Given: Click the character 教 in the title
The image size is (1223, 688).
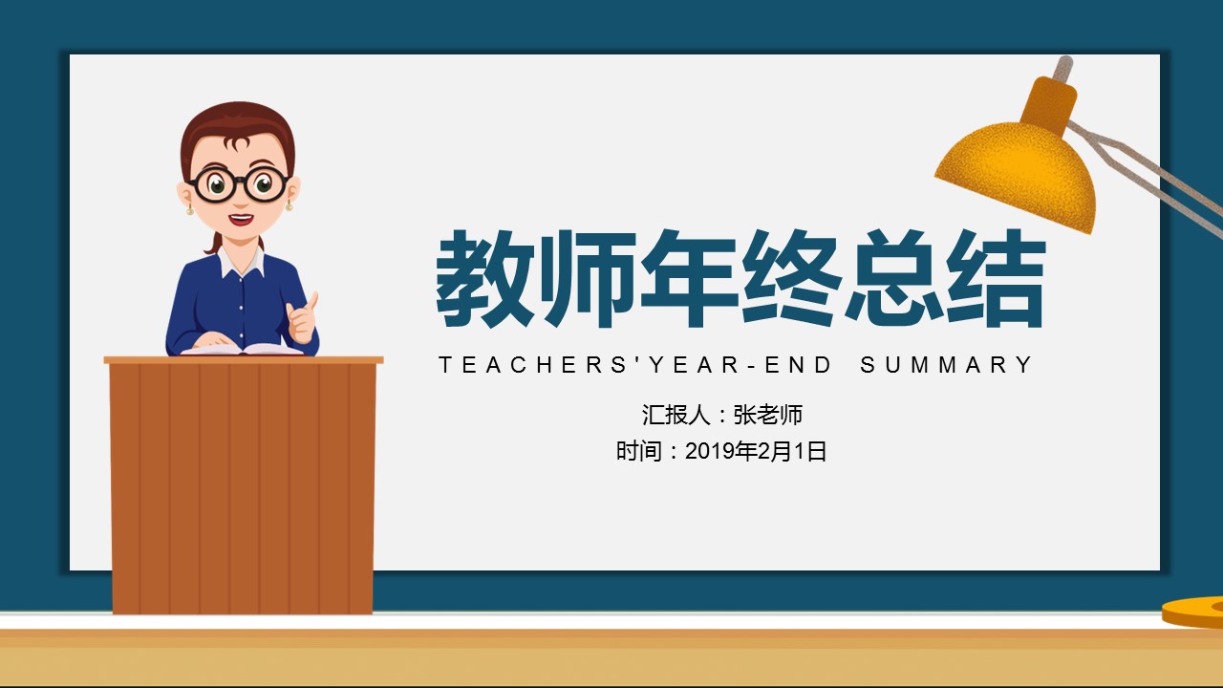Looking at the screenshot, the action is [x=484, y=278].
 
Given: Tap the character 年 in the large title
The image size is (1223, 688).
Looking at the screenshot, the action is [x=689, y=278].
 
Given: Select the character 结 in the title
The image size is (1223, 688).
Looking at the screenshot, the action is [x=995, y=278].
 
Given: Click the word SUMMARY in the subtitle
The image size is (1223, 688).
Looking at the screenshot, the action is [x=946, y=365].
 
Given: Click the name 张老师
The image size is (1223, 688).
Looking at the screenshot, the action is [x=767, y=415].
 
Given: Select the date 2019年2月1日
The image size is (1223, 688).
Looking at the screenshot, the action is [x=756, y=452].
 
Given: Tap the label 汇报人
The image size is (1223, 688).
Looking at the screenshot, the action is [x=676, y=415].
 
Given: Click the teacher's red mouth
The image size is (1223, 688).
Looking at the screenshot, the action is [x=241, y=220].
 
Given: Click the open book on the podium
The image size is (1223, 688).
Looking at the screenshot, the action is [x=242, y=349].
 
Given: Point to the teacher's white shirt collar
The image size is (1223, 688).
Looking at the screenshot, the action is [x=242, y=262].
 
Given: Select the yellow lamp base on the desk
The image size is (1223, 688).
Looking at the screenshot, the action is [x=1193, y=612].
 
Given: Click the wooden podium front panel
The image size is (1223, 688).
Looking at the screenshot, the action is [x=243, y=488].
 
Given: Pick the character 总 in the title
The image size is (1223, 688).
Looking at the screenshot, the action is [x=893, y=278].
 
